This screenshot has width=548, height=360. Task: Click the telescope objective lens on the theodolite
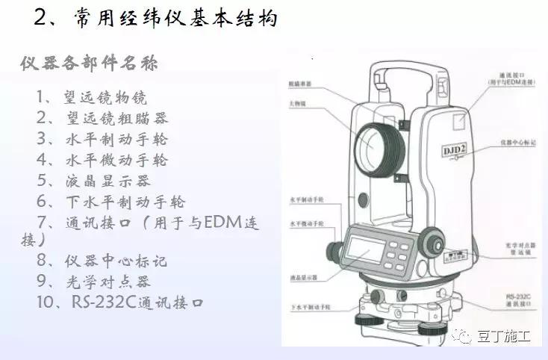(x=373, y=147)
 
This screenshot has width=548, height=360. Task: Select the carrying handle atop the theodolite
(x=402, y=75)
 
